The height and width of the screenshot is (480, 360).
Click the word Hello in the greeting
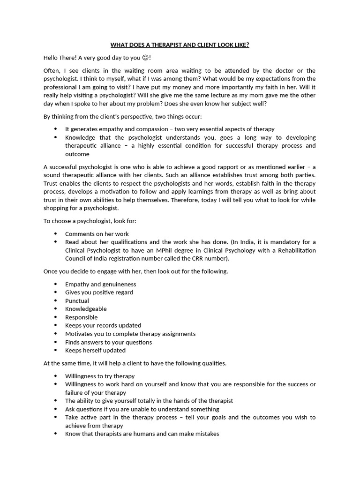(x=52, y=58)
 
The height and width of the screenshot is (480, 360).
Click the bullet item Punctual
(x=77, y=300)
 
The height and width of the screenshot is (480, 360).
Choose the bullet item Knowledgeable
(x=86, y=309)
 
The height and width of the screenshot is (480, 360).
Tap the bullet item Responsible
(x=81, y=317)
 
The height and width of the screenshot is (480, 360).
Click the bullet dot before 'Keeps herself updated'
(x=56, y=350)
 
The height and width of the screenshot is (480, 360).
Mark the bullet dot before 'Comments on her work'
(x=56, y=233)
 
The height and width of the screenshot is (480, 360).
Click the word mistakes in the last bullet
(x=207, y=434)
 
